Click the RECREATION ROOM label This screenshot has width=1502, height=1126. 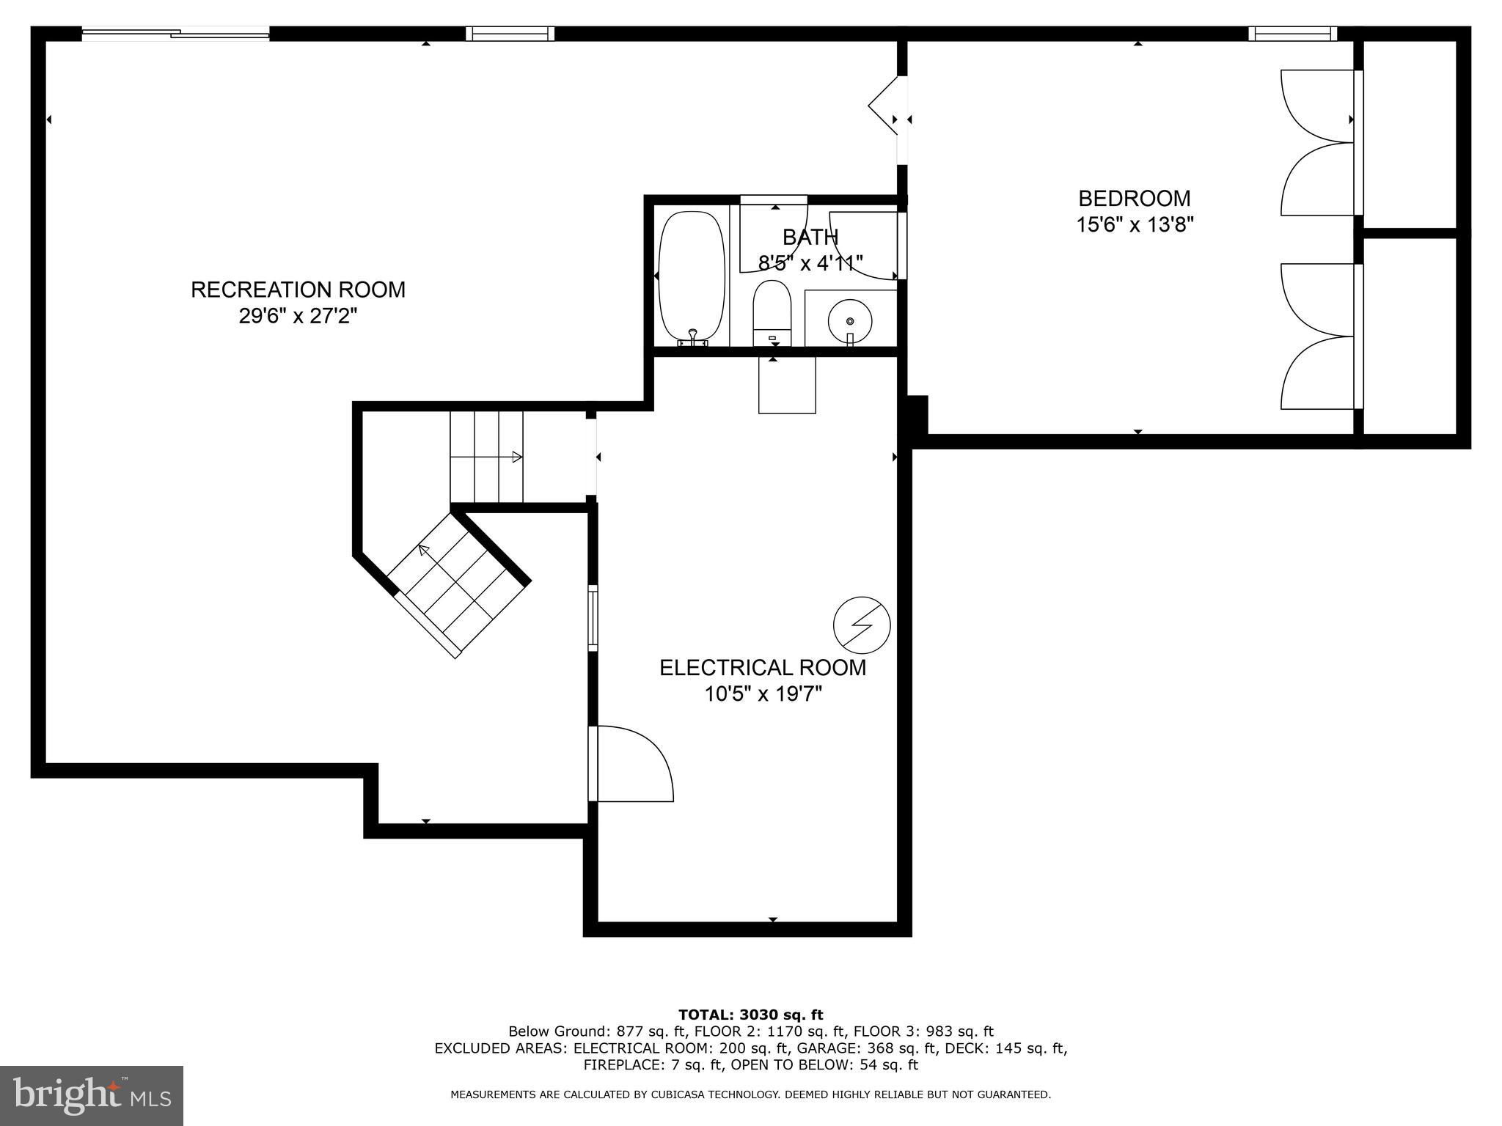[x=298, y=290]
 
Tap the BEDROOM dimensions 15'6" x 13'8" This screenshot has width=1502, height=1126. [x=1135, y=224]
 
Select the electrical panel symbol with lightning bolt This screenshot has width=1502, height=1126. [x=862, y=625]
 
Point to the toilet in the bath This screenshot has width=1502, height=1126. [x=772, y=314]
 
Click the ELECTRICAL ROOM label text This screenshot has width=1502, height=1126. [x=763, y=668]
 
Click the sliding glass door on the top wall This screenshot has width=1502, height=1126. [x=176, y=33]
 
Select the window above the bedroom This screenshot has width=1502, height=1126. [x=1292, y=33]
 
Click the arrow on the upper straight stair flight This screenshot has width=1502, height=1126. [x=516, y=457]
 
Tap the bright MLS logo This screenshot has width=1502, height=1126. [x=91, y=1095]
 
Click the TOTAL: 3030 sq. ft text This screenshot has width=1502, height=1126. [x=750, y=1015]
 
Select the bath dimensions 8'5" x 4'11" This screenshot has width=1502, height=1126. [x=810, y=262]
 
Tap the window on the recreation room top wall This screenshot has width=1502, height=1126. [x=510, y=33]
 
